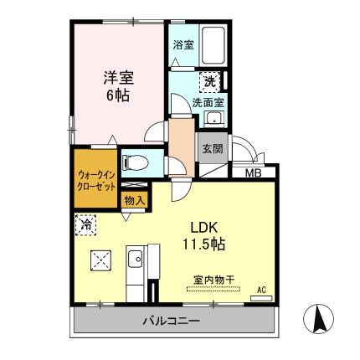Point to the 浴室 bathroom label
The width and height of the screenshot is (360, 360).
tap(183, 45)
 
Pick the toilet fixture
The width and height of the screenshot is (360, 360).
tap(136, 162)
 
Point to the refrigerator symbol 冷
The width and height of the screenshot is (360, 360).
tap(85, 224)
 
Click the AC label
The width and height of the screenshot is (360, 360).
tap(260, 290)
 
